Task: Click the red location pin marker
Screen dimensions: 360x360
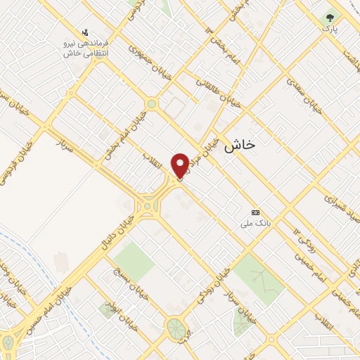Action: point(181,165)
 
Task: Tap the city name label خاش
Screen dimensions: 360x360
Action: point(240,147)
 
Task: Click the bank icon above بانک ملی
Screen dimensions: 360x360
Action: point(255,212)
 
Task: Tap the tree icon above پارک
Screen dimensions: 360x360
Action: point(329,17)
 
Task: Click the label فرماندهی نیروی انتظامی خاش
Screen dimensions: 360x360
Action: point(85,48)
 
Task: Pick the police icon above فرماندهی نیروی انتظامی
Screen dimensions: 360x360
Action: point(85,32)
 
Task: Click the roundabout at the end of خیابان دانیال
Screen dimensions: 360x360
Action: point(148,206)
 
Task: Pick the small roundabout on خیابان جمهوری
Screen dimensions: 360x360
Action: point(151,105)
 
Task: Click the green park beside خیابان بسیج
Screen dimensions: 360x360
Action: point(134,260)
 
